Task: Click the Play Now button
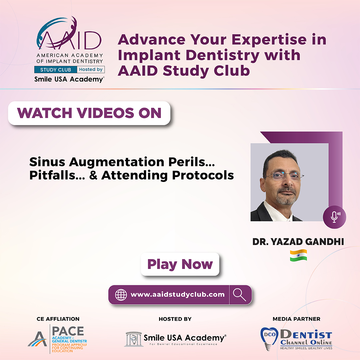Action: click(x=180, y=264)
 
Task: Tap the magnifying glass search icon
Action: click(x=240, y=295)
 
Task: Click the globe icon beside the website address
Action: click(x=121, y=295)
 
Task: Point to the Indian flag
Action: click(x=298, y=255)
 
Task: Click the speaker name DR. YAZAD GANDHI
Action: click(x=298, y=242)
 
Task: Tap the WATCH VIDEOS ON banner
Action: click(x=89, y=113)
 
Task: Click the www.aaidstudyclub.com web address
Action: click(x=177, y=295)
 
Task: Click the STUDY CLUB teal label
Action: click(x=55, y=70)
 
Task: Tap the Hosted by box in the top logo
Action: click(x=90, y=70)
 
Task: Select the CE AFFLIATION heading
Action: click(x=58, y=319)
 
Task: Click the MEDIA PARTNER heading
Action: click(x=296, y=319)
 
